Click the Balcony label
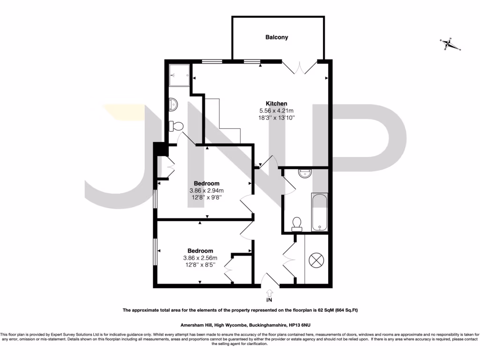277,37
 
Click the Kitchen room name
277,104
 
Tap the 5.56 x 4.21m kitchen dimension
277,111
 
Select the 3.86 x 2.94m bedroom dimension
206,190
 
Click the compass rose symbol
450,45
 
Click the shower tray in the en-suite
179,74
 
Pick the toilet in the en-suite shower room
177,126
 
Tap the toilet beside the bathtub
296,224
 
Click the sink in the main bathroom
304,173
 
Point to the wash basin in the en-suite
172,104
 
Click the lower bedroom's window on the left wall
155,253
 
